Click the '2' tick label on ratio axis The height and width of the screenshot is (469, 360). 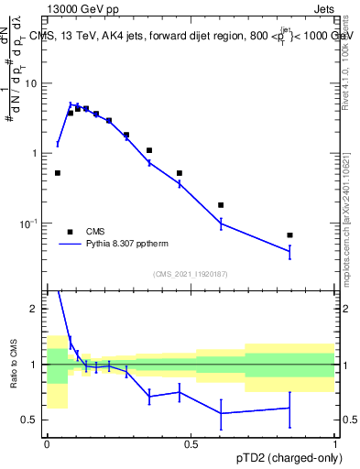[36, 309]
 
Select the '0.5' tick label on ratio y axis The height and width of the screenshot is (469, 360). [30, 420]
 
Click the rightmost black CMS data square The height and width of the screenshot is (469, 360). [289, 235]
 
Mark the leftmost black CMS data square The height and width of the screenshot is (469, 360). [58, 172]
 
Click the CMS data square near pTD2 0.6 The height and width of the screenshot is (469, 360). [221, 205]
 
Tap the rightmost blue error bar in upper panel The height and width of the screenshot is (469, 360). [289, 252]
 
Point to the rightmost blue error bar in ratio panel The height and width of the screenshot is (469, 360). [289, 408]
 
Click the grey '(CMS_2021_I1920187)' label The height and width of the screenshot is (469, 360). [190, 273]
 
